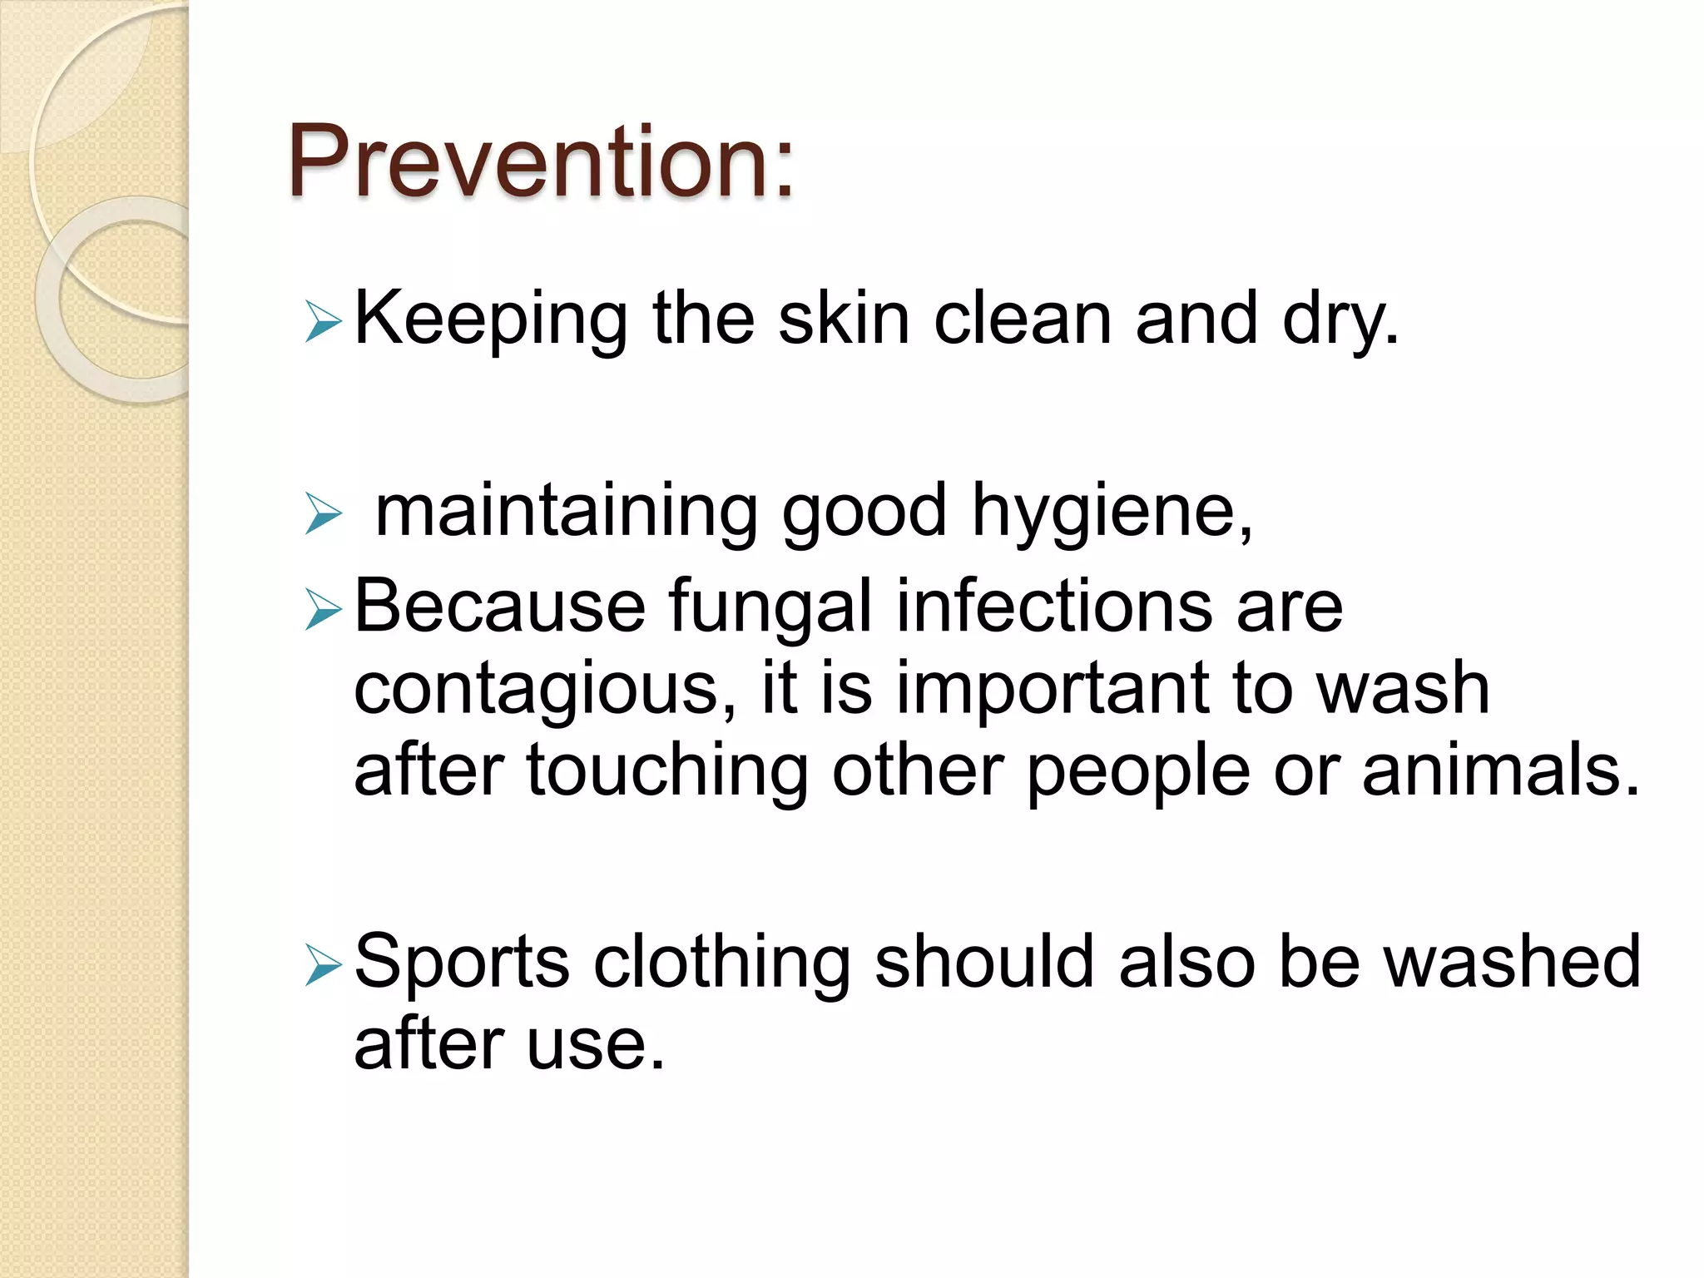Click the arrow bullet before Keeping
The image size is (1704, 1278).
(x=323, y=321)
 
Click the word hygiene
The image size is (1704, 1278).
(x=1111, y=513)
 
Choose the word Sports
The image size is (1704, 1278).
(x=462, y=963)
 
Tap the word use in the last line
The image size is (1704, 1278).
(x=595, y=1045)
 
